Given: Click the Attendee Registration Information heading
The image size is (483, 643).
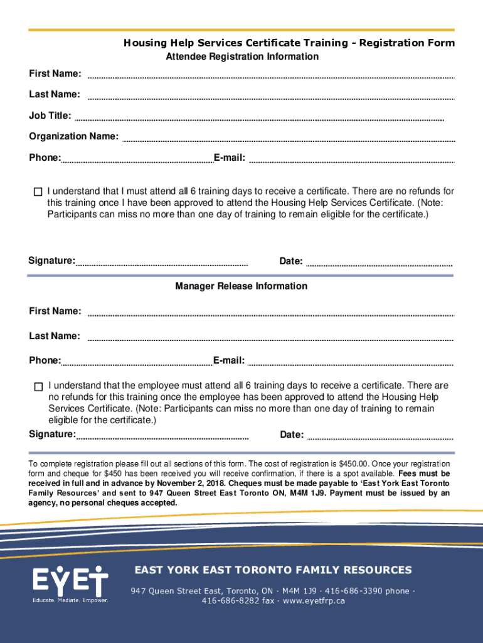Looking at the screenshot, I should click(242, 57).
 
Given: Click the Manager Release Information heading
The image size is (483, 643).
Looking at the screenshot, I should click(241, 286).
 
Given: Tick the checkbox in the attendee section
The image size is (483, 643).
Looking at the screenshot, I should click(38, 192).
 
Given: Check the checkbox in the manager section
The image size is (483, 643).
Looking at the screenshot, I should click(38, 386).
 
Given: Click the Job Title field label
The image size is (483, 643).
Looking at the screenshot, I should click(50, 116).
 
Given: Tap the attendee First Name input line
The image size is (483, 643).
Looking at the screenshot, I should click(270, 77).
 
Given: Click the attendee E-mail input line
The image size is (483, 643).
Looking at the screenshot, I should click(351, 161).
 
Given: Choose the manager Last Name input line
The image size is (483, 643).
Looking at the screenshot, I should click(270, 340).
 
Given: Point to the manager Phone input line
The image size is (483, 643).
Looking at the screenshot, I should click(137, 364).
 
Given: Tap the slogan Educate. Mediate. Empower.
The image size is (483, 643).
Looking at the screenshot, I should click(70, 600).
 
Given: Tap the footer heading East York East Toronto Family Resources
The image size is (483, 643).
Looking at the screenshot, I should click(273, 570).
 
